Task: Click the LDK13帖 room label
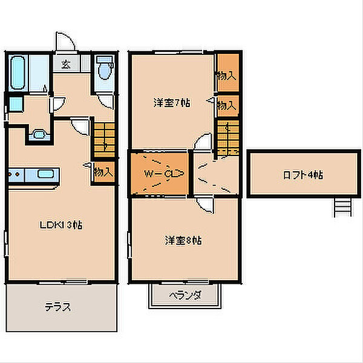click(60, 224)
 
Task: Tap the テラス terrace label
click(57, 306)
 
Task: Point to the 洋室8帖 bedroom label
click(183, 240)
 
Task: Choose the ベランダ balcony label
click(184, 296)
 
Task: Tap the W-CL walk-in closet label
click(159, 174)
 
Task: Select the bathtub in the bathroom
click(19, 73)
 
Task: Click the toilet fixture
click(105, 69)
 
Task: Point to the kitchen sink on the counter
click(46, 175)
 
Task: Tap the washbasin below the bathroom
click(38, 135)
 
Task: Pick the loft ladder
click(342, 208)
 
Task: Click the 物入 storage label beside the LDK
click(103, 171)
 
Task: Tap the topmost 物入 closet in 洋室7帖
click(227, 76)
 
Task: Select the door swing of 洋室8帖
click(206, 204)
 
